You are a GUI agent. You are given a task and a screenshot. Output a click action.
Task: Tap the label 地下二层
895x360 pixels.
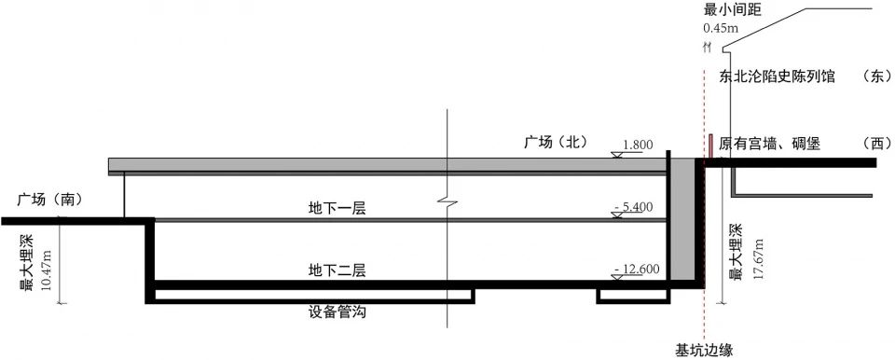click(337, 270)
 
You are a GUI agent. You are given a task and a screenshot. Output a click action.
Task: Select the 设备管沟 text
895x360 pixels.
click(337, 312)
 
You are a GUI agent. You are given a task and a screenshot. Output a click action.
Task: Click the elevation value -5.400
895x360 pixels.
click(634, 206)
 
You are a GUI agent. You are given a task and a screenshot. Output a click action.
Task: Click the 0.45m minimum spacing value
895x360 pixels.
click(719, 28)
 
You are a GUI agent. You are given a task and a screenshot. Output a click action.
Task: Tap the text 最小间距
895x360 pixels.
click(733, 10)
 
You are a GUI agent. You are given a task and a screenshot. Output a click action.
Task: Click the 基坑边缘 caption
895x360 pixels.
click(705, 350)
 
